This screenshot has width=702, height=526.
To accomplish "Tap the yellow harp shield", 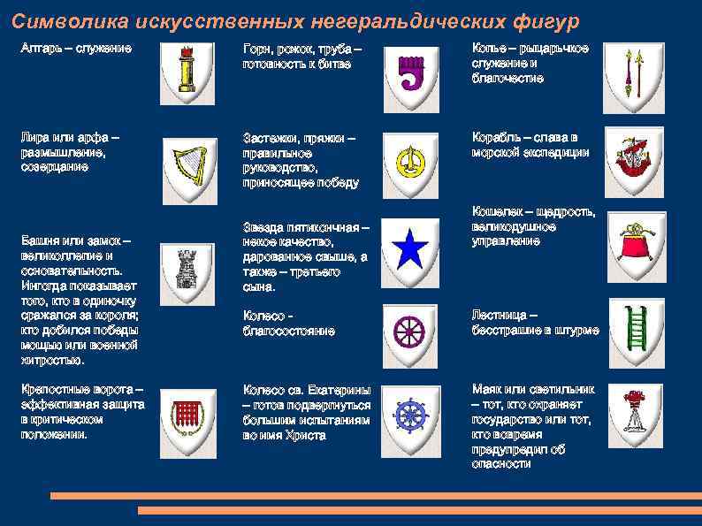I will click(187, 164).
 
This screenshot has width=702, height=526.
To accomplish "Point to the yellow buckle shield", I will click(409, 160).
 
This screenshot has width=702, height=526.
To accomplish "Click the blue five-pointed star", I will click(410, 251).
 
